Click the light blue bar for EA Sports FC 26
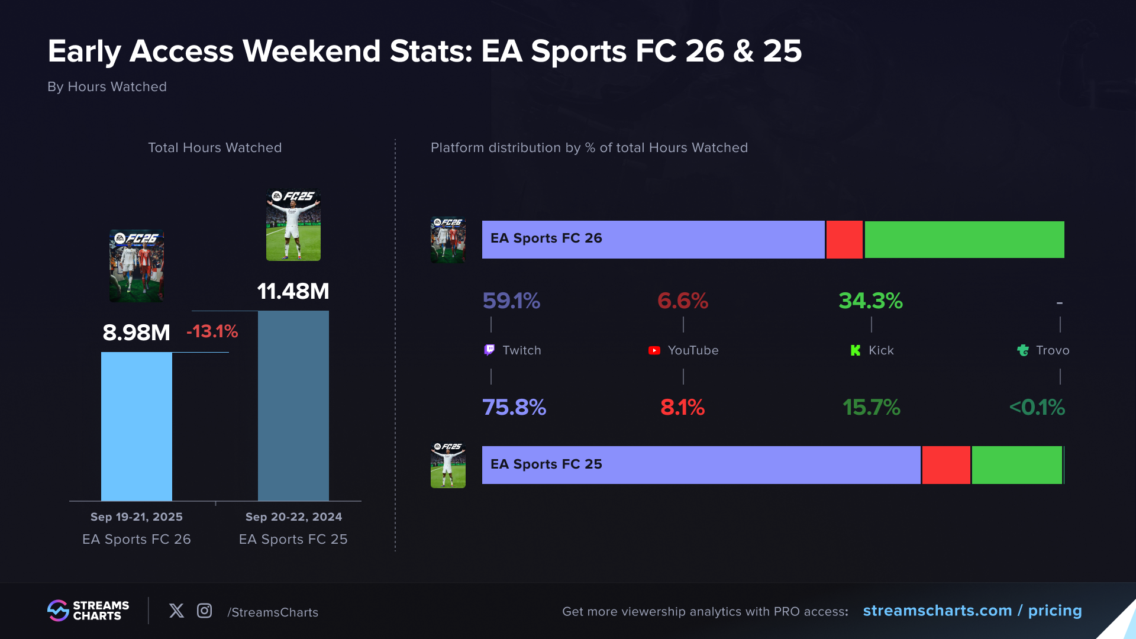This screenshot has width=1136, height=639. (137, 426)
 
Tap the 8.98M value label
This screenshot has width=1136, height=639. (137, 333)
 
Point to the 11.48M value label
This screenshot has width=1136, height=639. (293, 291)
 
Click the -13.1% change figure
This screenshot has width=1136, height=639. (212, 331)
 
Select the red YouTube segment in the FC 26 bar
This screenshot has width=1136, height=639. (844, 240)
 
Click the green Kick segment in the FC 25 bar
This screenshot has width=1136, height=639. (1016, 465)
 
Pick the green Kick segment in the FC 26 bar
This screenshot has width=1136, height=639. (964, 240)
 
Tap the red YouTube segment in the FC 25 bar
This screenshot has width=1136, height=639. (946, 465)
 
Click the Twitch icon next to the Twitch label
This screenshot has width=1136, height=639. (489, 350)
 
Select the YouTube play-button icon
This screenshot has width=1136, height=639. (654, 350)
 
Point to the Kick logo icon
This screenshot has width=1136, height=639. (855, 350)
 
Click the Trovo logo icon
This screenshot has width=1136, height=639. (1023, 350)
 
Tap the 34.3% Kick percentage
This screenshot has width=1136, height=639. (870, 301)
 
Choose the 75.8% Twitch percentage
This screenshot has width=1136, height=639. (514, 407)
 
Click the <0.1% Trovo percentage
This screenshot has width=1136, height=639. (1037, 407)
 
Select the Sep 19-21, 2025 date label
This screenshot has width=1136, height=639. (137, 517)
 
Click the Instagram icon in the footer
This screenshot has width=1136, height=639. (204, 611)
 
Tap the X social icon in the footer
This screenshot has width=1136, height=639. (176, 611)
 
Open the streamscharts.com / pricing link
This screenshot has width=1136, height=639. (972, 611)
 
